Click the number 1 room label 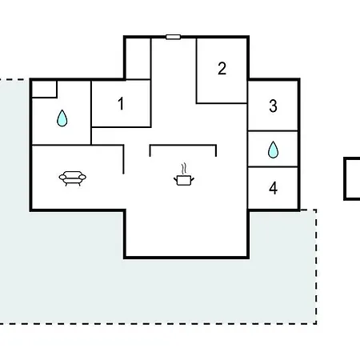121,103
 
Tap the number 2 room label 222,69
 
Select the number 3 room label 273,106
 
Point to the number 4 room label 273,188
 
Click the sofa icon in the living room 73,178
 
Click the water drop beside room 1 62,118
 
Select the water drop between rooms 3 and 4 273,150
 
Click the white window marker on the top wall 173,37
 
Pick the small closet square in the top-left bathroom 44,89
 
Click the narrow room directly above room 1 138,58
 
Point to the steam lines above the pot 183,169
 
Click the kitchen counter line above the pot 183,146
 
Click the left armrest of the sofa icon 62,177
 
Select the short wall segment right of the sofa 123,159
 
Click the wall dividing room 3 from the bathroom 273,130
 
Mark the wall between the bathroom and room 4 273,167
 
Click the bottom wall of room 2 222,103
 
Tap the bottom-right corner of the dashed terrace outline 316,324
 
